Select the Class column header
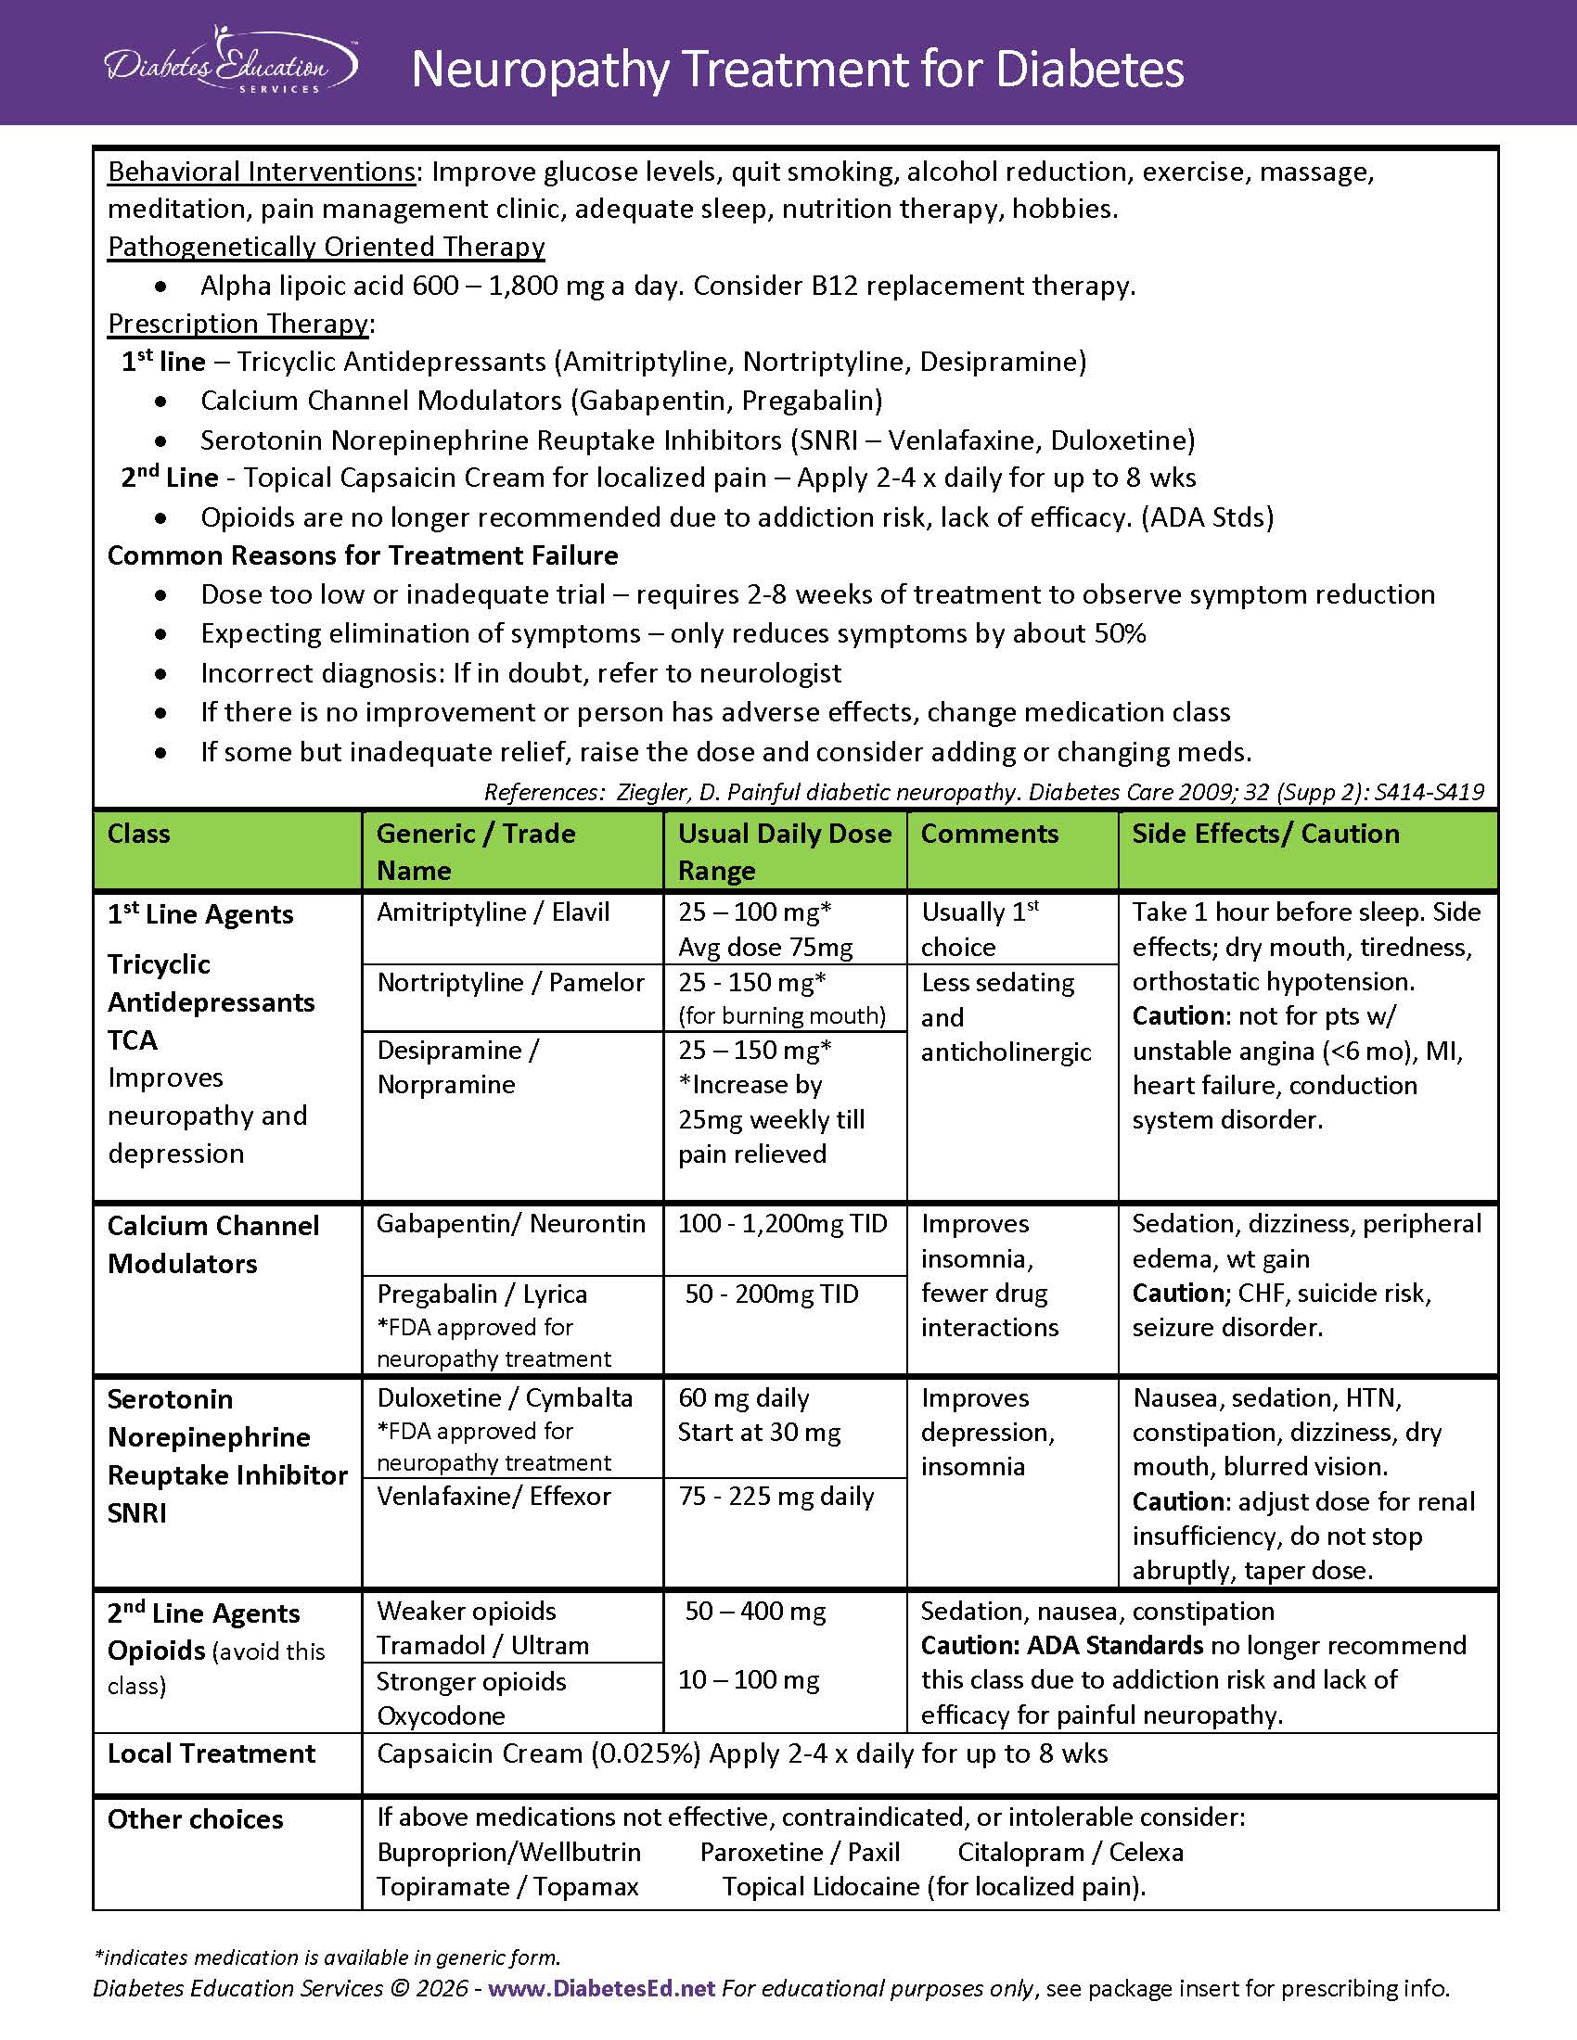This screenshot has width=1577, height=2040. tap(138, 834)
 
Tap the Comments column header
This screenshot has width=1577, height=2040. tap(990, 834)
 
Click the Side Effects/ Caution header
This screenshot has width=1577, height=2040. tap(1265, 834)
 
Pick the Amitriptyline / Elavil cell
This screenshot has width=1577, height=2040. tap(493, 912)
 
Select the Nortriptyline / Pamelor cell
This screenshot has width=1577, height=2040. tap(510, 983)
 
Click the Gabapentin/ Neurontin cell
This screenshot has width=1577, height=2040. tap(510, 1224)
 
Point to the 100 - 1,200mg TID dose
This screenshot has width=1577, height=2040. tap(782, 1224)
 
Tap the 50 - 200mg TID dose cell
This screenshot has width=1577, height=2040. tap(772, 1294)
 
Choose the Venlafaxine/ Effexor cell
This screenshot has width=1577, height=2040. tap(494, 1496)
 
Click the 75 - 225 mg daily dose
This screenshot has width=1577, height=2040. tap(776, 1496)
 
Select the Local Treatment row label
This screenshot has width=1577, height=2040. tap(212, 1753)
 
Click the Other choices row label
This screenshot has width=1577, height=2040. tap(195, 1818)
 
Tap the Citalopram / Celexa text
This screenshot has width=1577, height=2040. tap(1070, 1852)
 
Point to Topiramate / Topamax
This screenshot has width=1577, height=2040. tap(507, 1886)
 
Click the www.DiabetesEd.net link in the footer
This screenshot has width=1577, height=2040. tap(601, 1988)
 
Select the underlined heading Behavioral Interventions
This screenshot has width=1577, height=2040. tap(262, 172)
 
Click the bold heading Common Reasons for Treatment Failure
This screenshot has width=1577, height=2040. tap(363, 555)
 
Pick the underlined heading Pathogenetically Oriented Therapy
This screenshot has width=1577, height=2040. tap(326, 247)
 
